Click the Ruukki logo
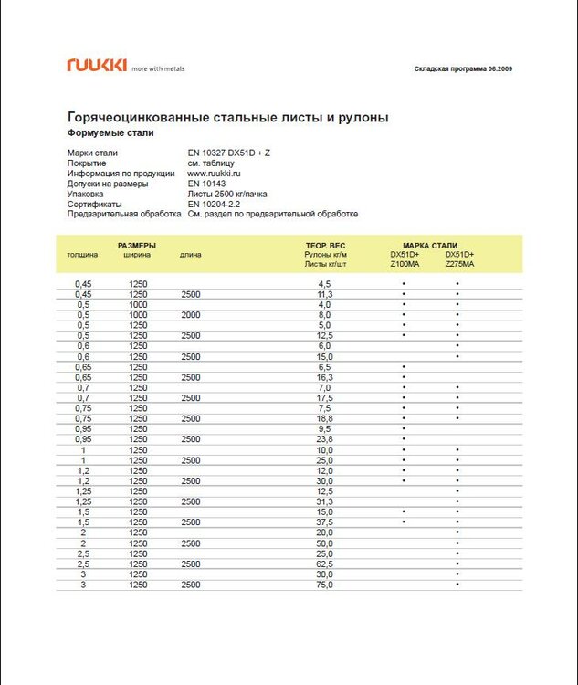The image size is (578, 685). coord(97,65)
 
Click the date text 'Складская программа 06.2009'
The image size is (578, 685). coord(463,69)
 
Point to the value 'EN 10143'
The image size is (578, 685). coord(205,183)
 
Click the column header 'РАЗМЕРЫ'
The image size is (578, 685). coord(136,246)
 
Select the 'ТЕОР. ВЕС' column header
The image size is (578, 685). coord(325,246)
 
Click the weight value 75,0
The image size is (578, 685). coord(325,585)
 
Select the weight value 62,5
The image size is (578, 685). coord(325,564)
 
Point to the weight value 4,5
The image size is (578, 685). coord(325,284)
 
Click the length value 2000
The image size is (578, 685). coord(191,315)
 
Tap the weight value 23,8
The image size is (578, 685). coord(325,439)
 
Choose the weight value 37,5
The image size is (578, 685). coord(325,522)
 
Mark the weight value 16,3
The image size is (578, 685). coord(325,377)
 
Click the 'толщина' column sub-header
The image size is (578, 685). coord(83,255)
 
